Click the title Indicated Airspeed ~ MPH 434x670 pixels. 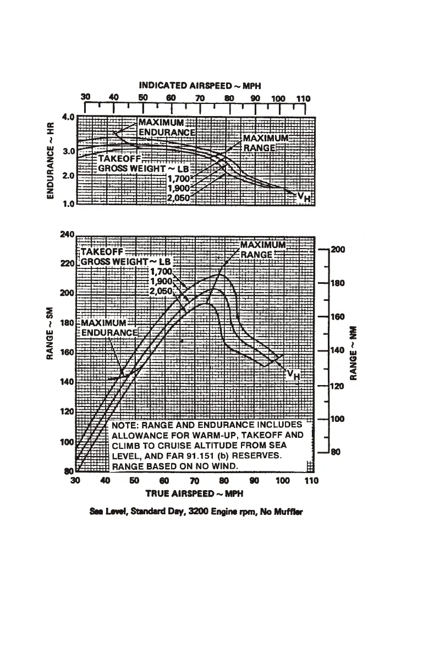click(x=200, y=85)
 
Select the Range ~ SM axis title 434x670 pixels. click(x=50, y=333)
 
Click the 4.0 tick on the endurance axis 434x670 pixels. click(x=68, y=118)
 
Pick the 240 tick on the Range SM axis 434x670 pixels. click(x=66, y=234)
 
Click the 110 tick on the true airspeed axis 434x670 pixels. click(x=311, y=481)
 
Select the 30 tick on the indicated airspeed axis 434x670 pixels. click(x=85, y=97)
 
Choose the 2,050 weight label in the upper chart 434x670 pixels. click(x=178, y=199)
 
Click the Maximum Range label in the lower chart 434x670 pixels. click(x=263, y=249)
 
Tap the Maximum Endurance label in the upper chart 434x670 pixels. click(x=166, y=127)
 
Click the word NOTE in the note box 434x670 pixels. click(x=126, y=425)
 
